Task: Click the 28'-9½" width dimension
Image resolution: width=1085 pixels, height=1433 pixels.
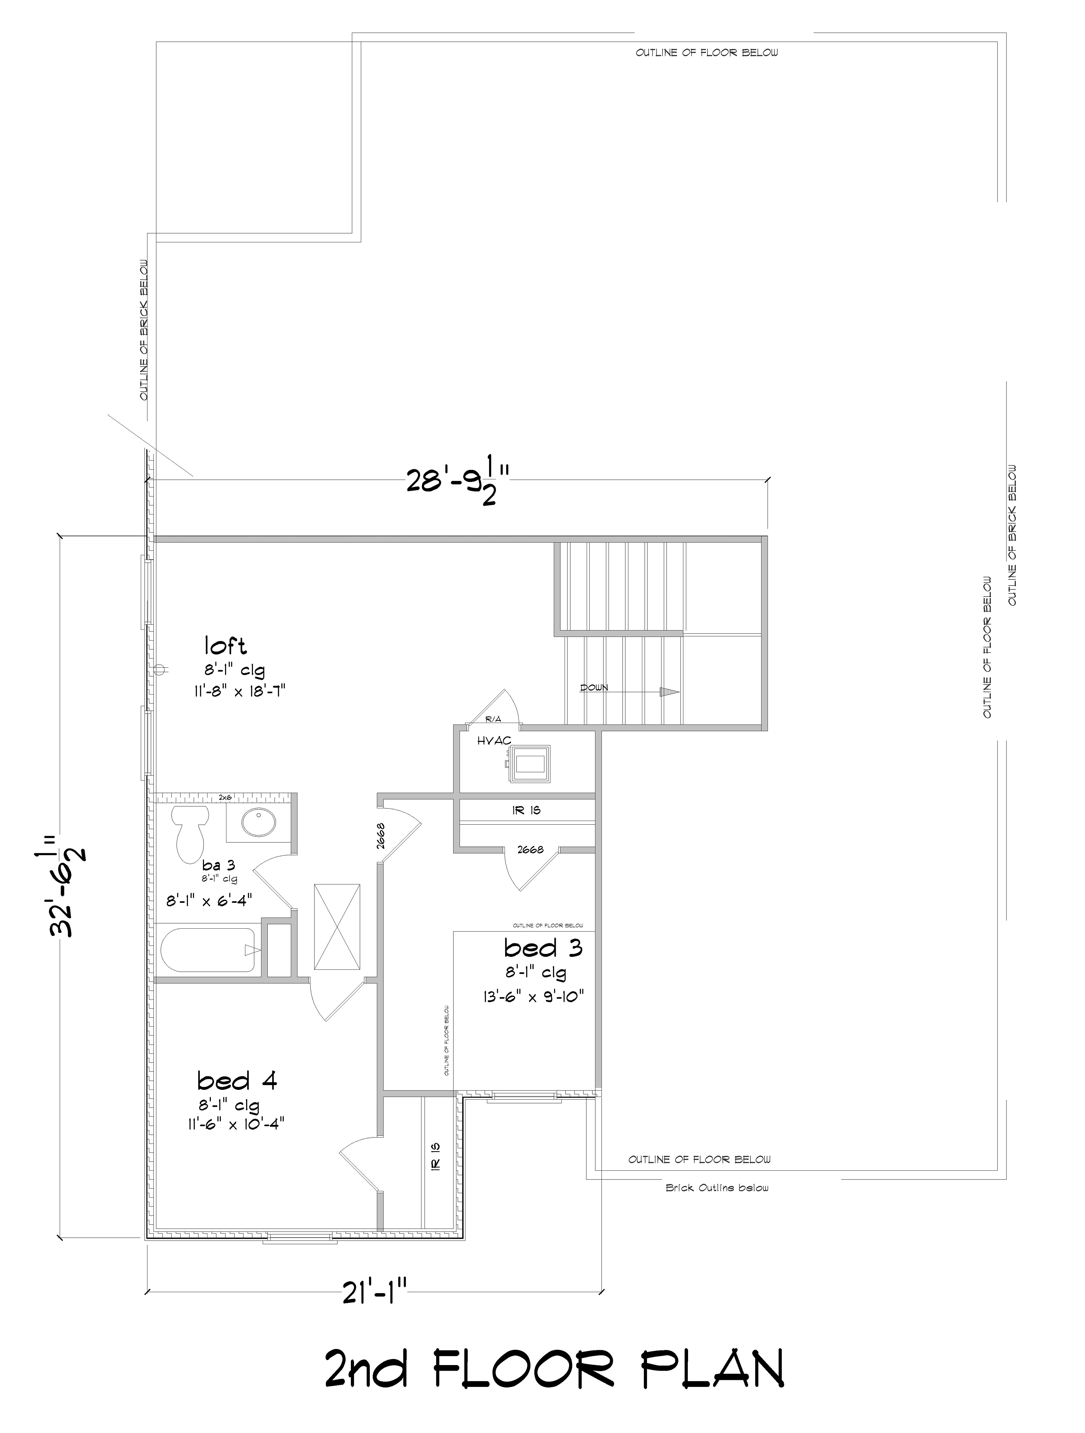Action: pyautogui.click(x=458, y=481)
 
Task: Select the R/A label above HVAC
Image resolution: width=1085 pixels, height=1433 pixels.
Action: pyautogui.click(x=493, y=719)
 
